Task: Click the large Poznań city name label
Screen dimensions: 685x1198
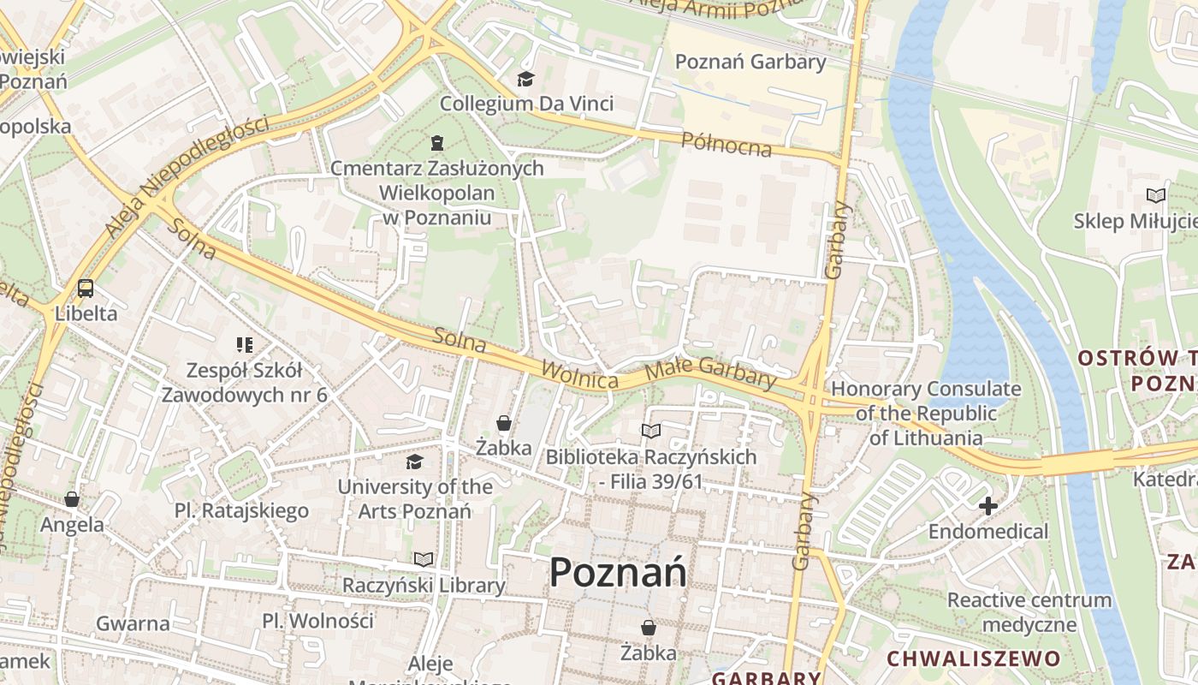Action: click(x=617, y=572)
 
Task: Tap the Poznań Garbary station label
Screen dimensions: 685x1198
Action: click(x=750, y=62)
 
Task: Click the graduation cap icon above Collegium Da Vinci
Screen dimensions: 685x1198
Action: click(x=525, y=80)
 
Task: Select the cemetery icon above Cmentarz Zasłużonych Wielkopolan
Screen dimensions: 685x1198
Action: click(x=437, y=142)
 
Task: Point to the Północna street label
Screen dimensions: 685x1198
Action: click(x=727, y=145)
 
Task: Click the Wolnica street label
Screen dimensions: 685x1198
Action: click(x=579, y=375)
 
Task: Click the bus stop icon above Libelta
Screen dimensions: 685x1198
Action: click(x=86, y=289)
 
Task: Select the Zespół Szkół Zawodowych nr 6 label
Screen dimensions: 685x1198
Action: click(x=245, y=383)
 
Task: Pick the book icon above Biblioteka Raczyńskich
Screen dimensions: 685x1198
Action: click(x=651, y=431)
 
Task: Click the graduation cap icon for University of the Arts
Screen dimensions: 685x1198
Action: click(x=415, y=462)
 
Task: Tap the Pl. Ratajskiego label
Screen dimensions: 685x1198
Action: click(x=241, y=511)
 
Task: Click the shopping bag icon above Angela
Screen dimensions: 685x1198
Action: click(x=72, y=499)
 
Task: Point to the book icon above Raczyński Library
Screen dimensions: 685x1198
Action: click(x=424, y=560)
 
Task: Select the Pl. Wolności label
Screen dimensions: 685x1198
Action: click(x=317, y=621)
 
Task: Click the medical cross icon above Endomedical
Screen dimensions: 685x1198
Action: click(x=988, y=506)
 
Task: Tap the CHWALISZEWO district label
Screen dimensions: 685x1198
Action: click(x=973, y=658)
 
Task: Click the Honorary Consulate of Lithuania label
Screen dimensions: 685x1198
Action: click(x=926, y=413)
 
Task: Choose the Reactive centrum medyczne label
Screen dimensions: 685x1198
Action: click(x=1029, y=611)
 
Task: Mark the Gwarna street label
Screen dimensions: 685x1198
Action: click(x=133, y=623)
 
